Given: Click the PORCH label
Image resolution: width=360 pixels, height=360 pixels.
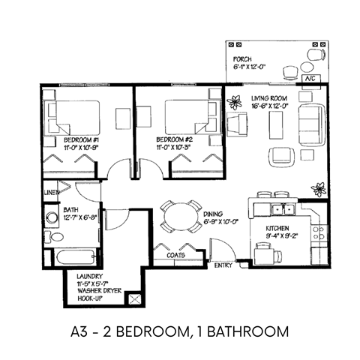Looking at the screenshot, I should pyautogui.click(x=241, y=58).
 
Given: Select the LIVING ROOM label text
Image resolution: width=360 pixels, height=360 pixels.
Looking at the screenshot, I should pyautogui.click(x=250, y=98).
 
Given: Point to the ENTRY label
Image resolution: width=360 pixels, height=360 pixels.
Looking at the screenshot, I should pyautogui.click(x=223, y=265).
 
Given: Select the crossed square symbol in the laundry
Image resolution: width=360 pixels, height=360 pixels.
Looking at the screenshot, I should pyautogui.click(x=135, y=299).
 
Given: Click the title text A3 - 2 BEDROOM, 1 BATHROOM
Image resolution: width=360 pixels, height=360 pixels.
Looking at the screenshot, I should pyautogui.click(x=180, y=330).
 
